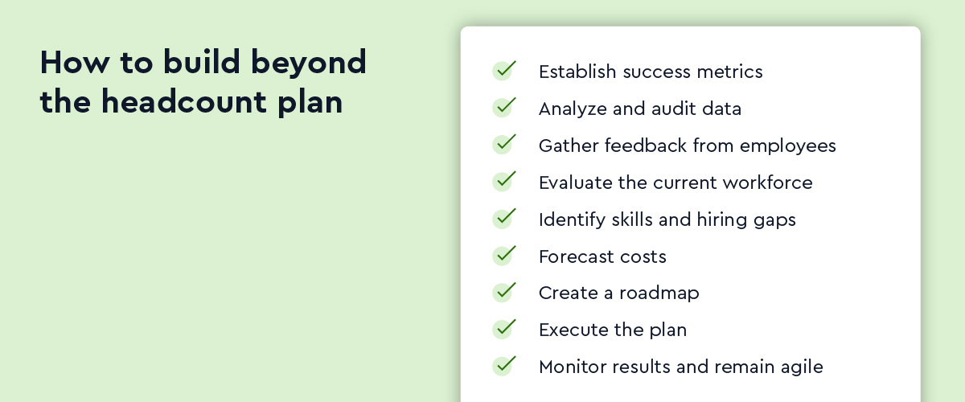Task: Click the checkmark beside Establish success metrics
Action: pyautogui.click(x=504, y=70)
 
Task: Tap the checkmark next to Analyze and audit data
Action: pyautogui.click(x=504, y=107)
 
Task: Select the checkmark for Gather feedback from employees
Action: pyautogui.click(x=504, y=144)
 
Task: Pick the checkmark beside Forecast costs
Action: pyautogui.click(x=504, y=255)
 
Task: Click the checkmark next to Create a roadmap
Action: pyautogui.click(x=504, y=292)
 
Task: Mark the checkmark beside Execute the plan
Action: pyautogui.click(x=504, y=329)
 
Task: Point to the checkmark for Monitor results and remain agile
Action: pyautogui.click(x=504, y=366)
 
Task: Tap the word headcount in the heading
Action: pyautogui.click(x=183, y=101)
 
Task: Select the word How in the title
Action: pyautogui.click(x=75, y=62)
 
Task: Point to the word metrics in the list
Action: pyautogui.click(x=729, y=72)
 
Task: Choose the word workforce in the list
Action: pyautogui.click(x=768, y=183)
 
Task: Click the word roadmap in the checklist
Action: pyautogui.click(x=659, y=293)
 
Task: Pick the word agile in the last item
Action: pyautogui.click(x=805, y=367)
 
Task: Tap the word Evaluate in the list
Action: pyautogui.click(x=575, y=183)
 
